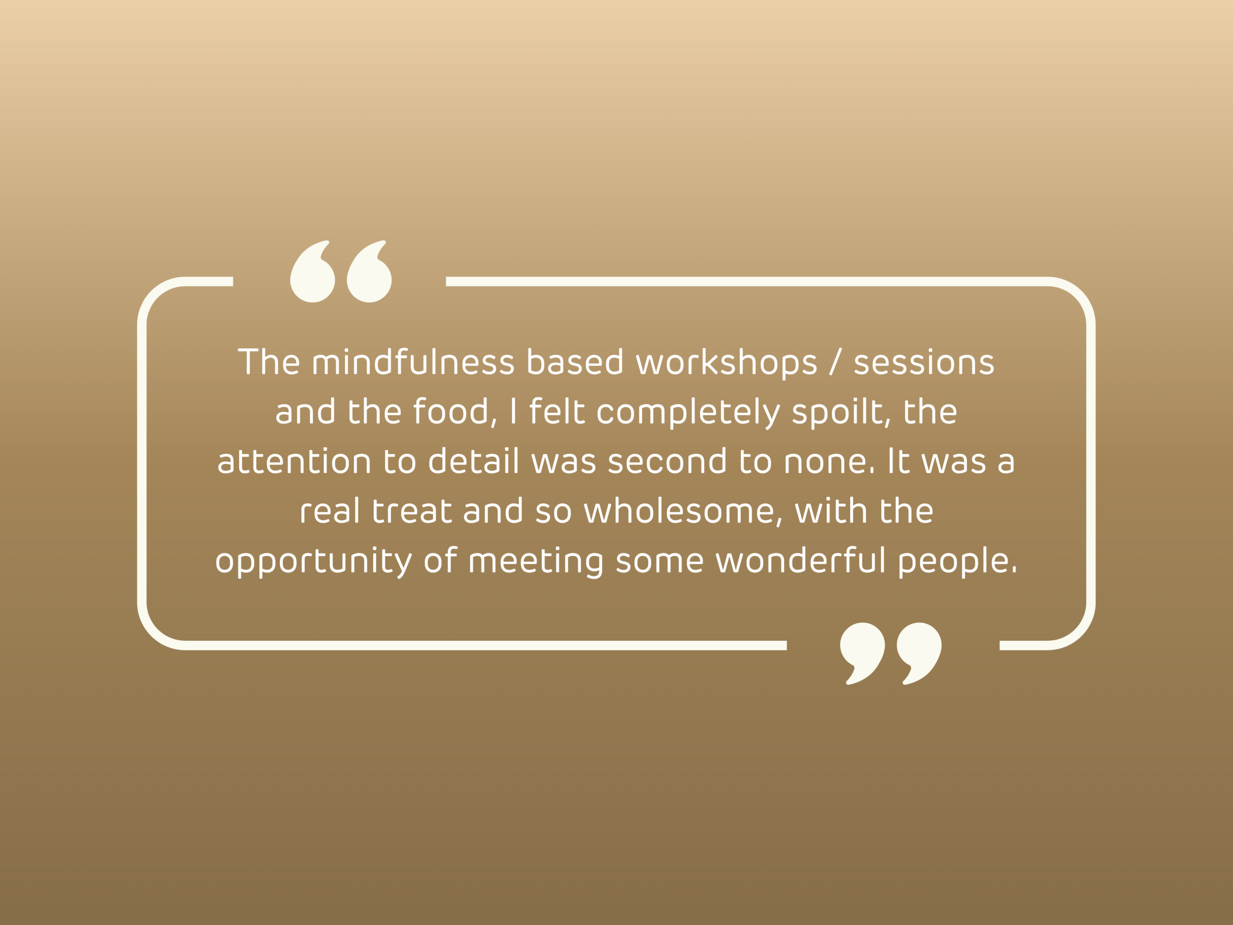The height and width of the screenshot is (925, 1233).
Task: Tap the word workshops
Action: pos(726,363)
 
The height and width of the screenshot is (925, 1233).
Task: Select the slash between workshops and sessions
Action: pos(835,362)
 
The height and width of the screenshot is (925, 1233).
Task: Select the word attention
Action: pos(294,461)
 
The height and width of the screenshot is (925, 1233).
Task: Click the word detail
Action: pos(473,461)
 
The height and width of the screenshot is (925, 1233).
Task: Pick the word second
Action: pos(667,461)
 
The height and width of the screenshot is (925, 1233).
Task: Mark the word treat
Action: pos(412,511)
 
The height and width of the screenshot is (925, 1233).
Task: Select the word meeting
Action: pos(536,561)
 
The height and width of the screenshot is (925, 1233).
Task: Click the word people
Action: pos(957,561)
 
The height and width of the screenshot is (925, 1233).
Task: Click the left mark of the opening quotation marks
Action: pos(313,272)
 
